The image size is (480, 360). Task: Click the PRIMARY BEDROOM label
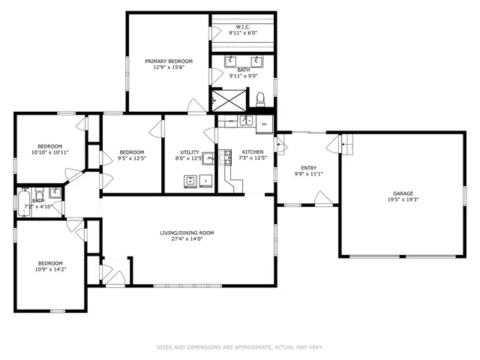(x=169, y=61)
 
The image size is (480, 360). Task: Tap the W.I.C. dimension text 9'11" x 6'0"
(x=243, y=33)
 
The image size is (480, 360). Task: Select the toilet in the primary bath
(x=261, y=98)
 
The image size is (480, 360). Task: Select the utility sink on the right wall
(x=208, y=158)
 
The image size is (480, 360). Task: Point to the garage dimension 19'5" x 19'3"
(x=403, y=199)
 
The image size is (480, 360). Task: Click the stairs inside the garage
(x=348, y=141)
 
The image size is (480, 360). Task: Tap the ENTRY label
(x=308, y=168)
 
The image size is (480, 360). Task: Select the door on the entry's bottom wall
(x=323, y=199)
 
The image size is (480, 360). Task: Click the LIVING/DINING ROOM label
(x=187, y=232)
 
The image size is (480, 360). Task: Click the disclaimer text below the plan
(x=239, y=347)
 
